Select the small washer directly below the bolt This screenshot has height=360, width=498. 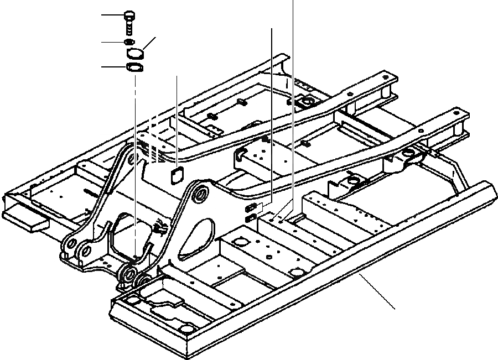(x=129, y=42)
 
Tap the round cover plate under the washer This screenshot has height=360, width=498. (x=134, y=53)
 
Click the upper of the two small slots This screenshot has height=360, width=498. (x=251, y=207)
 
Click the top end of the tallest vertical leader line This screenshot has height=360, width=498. (x=292, y=2)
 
